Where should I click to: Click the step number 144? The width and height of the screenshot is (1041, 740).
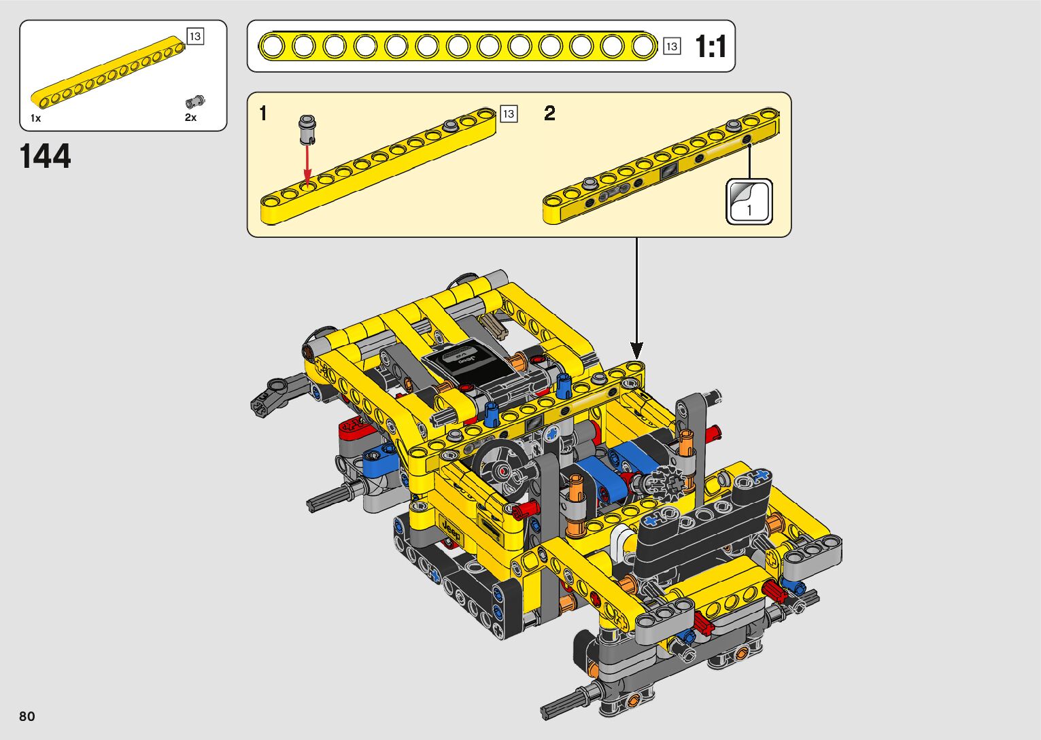pos(45,156)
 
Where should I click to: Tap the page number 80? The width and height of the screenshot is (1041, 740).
pos(27,716)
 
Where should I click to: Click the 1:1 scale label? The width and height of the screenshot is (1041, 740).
pos(710,46)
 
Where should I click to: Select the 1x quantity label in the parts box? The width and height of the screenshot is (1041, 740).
pos(36,118)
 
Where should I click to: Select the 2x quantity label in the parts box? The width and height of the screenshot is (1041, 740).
pos(190,118)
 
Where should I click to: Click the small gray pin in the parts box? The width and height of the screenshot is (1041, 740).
pos(195,101)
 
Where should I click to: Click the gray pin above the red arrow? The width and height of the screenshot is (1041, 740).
pos(307,130)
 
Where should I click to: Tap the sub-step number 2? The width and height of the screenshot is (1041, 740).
pos(549,113)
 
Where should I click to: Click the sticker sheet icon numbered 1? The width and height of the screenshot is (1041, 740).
pos(749,202)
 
